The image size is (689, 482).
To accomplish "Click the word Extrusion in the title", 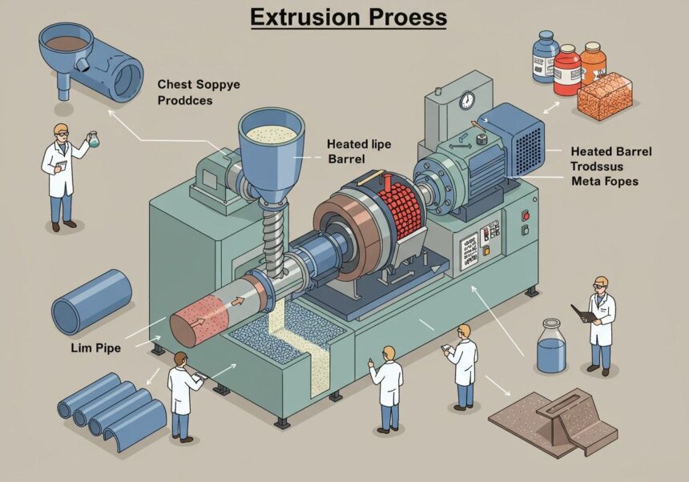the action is (x=305, y=17).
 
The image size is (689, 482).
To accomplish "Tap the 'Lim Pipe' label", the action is (x=96, y=348).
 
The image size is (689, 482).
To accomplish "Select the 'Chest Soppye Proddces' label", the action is (x=199, y=92).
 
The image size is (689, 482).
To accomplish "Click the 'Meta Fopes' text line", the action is (x=605, y=181).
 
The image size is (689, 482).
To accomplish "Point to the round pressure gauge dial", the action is (x=467, y=101).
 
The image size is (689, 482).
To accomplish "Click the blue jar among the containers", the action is (x=545, y=57).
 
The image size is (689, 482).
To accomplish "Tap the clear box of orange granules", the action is (x=605, y=98).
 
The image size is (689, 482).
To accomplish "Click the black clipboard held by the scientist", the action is (x=582, y=313).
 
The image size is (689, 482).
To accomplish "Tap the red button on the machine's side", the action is (x=525, y=215).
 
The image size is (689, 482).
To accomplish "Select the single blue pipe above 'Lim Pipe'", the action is (x=91, y=303).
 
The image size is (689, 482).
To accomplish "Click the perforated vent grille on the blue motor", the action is (x=528, y=151).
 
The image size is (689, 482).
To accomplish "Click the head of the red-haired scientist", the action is (x=180, y=359).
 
